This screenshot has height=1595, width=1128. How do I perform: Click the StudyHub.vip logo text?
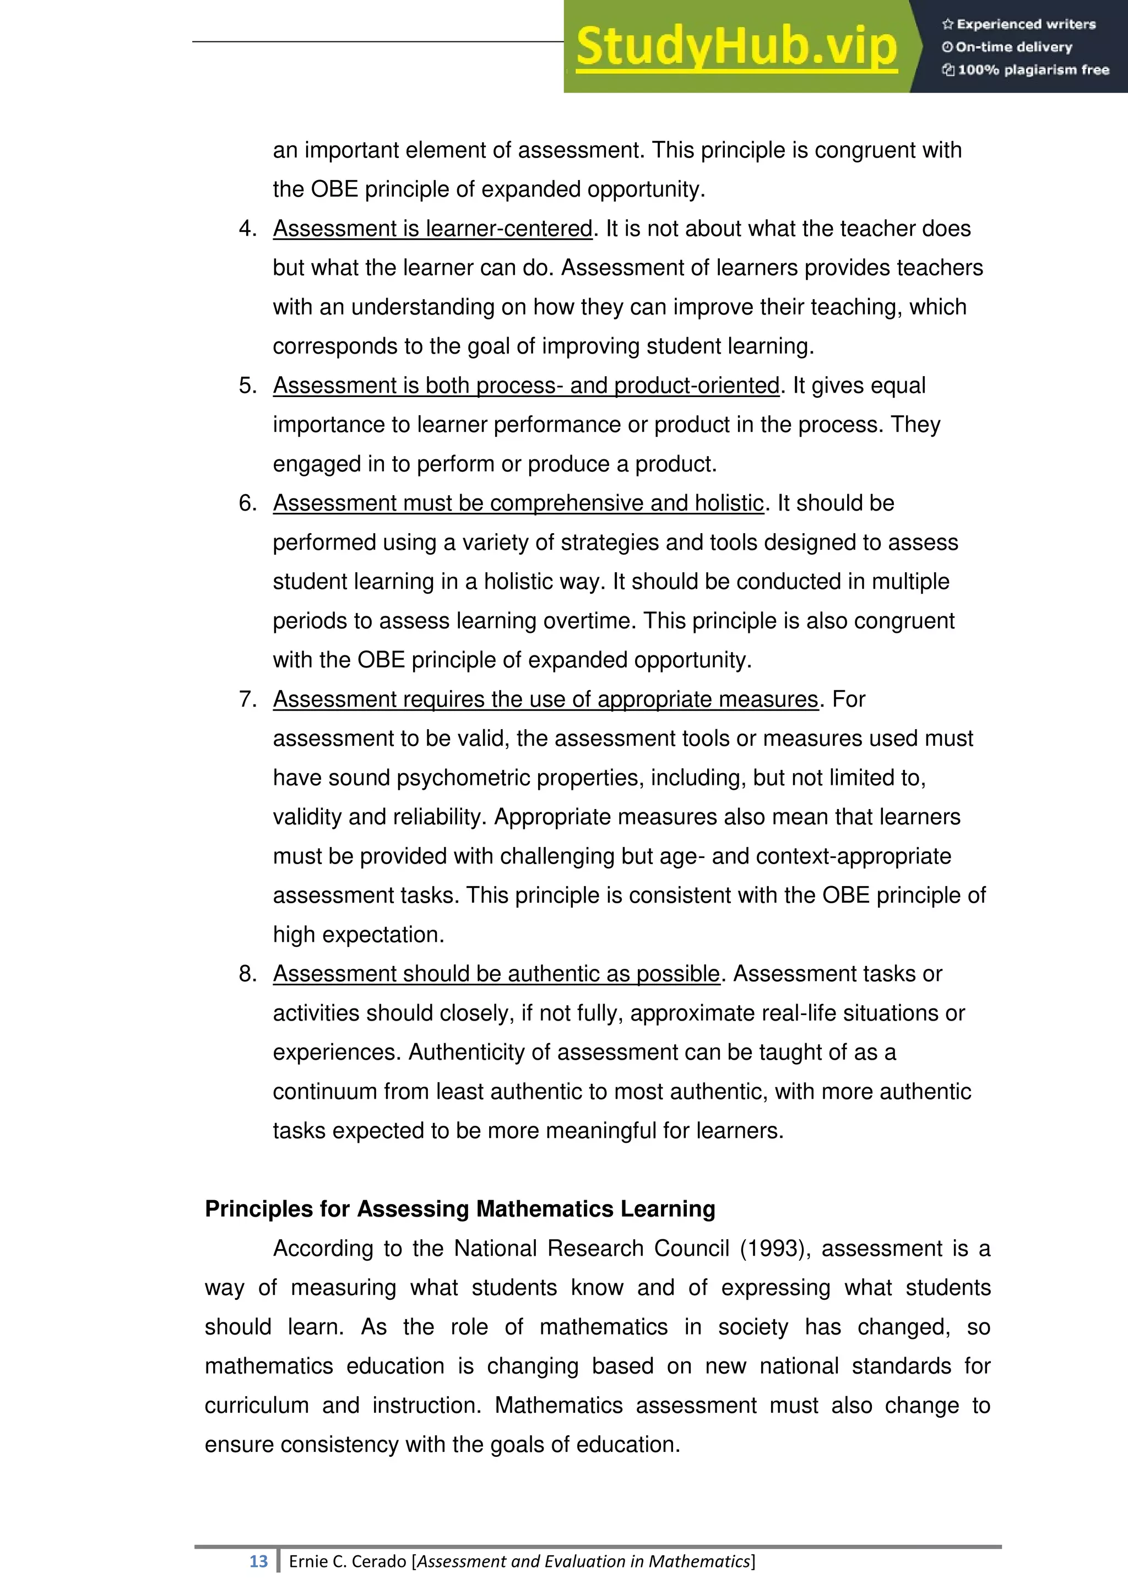[x=736, y=47]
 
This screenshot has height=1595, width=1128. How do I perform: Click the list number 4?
[x=247, y=229]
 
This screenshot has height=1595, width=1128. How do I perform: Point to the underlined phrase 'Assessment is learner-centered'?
[x=432, y=229]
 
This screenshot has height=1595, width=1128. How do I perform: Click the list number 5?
[x=247, y=386]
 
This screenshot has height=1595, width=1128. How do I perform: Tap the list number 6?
[x=247, y=503]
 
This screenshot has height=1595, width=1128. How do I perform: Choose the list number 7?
[x=247, y=699]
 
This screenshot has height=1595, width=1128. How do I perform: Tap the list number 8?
[x=247, y=974]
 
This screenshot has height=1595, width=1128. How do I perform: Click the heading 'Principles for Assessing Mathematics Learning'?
[x=460, y=1209]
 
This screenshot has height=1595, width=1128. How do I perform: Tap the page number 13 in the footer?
[x=258, y=1561]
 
